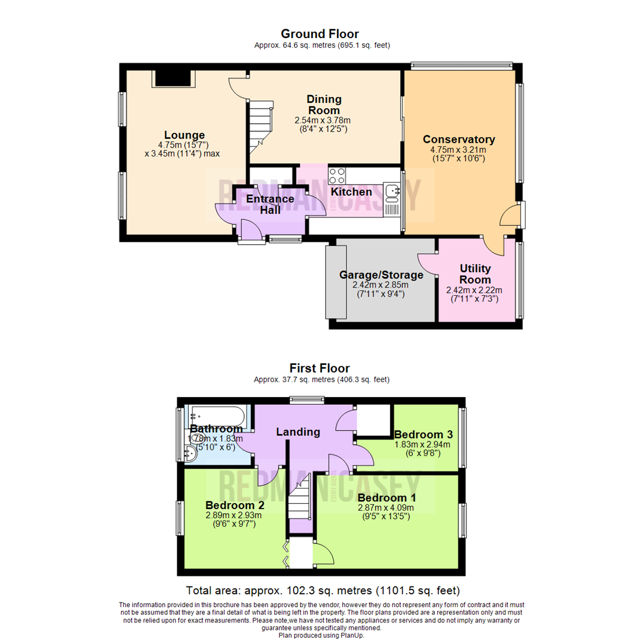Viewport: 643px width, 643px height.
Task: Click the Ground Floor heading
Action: click(320, 33)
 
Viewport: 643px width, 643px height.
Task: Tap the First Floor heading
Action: click(320, 368)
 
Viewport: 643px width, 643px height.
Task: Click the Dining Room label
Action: click(324, 104)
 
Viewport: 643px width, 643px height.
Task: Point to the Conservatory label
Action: click(458, 139)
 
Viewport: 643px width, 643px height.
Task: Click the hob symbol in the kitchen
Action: click(338, 176)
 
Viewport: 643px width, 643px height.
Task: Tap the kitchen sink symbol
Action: click(393, 192)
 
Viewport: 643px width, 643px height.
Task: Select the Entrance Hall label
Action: click(270, 204)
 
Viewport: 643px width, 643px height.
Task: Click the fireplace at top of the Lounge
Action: click(174, 78)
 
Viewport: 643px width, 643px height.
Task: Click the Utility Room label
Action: click(475, 274)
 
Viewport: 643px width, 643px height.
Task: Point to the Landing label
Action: click(298, 432)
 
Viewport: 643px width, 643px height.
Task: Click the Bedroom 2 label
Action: click(227, 505)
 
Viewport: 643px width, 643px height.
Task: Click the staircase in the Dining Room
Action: click(259, 125)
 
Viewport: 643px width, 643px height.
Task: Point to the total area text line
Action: click(323, 591)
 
